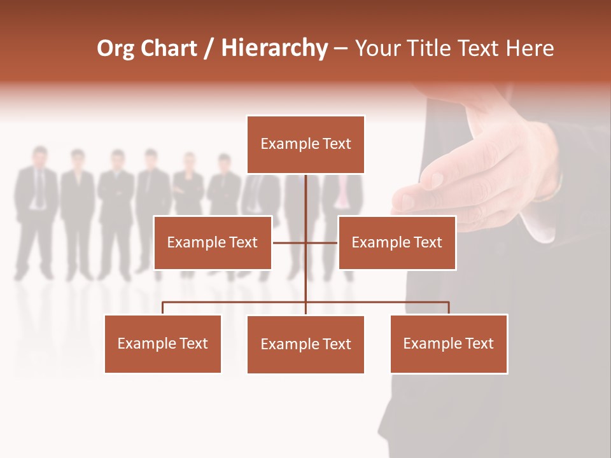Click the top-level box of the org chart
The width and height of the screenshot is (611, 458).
[x=305, y=144]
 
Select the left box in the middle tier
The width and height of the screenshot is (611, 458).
[x=213, y=242]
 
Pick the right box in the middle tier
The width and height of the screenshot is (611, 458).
[x=397, y=242]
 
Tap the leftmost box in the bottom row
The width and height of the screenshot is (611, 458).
[x=163, y=343]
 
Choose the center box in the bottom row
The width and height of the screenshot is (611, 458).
[x=305, y=344]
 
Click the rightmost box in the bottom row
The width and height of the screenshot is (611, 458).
[x=449, y=343]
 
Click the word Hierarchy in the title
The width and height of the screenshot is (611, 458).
[x=274, y=48]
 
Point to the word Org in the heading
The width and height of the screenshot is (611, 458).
[x=115, y=49]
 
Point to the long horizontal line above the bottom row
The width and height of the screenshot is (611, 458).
[x=235, y=302]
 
